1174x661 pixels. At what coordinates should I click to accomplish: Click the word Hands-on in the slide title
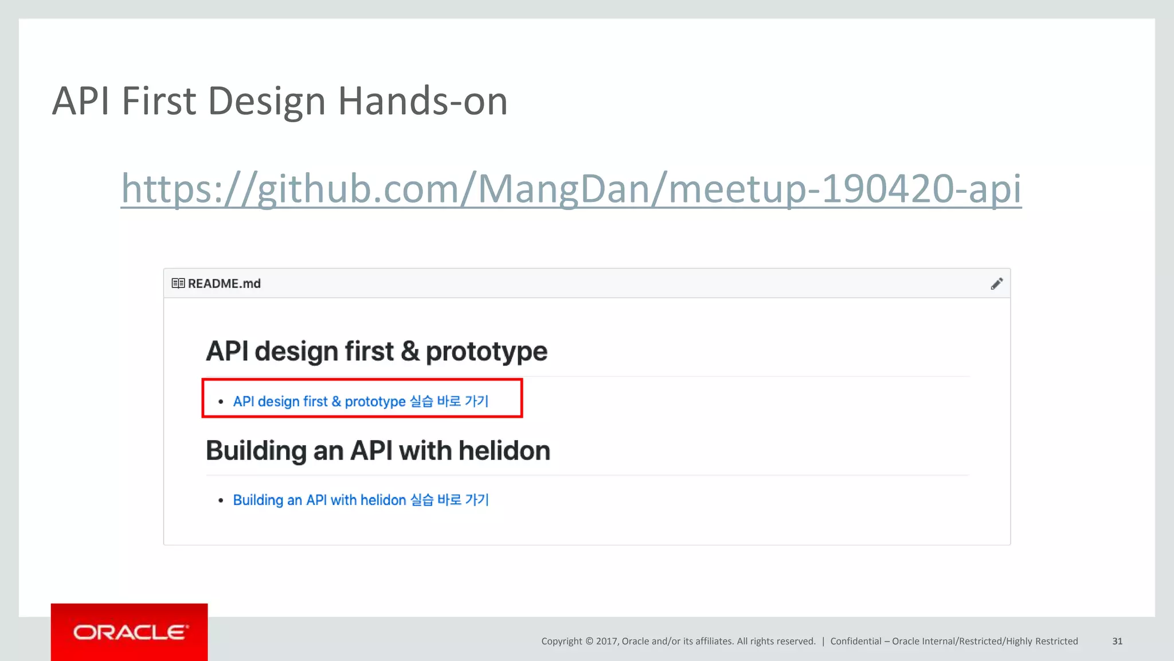pos(422,101)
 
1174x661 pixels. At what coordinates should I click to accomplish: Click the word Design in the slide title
pos(266,101)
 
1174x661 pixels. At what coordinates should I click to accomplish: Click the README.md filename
pos(224,283)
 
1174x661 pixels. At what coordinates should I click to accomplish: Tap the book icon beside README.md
pos(178,283)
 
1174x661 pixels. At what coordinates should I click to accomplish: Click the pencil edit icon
pos(996,284)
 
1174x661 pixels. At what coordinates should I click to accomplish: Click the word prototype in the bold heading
pos(486,351)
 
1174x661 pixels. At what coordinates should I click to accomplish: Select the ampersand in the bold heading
pos(410,351)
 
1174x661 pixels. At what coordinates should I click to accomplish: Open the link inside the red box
pos(361,401)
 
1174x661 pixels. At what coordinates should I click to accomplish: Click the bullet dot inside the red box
pos(221,402)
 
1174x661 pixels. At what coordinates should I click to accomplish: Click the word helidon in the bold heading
pos(504,450)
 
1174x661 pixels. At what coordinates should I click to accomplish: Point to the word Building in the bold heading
pos(256,450)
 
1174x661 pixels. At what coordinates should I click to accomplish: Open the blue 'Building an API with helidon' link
pos(361,500)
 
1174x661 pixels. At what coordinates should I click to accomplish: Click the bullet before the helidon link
pos(221,501)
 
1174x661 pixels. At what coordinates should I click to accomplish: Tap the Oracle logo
pos(130,632)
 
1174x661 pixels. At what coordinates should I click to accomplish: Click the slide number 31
pos(1117,641)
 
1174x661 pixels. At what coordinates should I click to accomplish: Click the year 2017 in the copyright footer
pos(606,641)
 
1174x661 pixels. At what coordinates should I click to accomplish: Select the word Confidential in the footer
pos(855,641)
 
